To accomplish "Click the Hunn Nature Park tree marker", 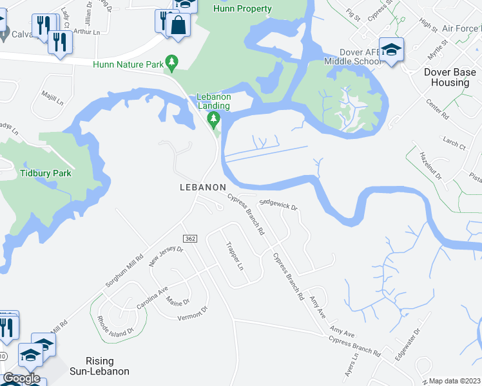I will pyautogui.click(x=171, y=63).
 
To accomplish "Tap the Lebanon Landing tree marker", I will pyautogui.click(x=213, y=118).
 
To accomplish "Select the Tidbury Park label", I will pyautogui.click(x=45, y=173).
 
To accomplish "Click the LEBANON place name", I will pyautogui.click(x=202, y=187).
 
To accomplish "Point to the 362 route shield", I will pyautogui.click(x=189, y=239).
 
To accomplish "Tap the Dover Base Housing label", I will pyautogui.click(x=446, y=77).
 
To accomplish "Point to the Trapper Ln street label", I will pyautogui.click(x=233, y=255).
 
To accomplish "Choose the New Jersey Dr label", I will pyautogui.click(x=166, y=256).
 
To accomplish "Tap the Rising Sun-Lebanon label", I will pyautogui.click(x=108, y=366).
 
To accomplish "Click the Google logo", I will pyautogui.click(x=21, y=378).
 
